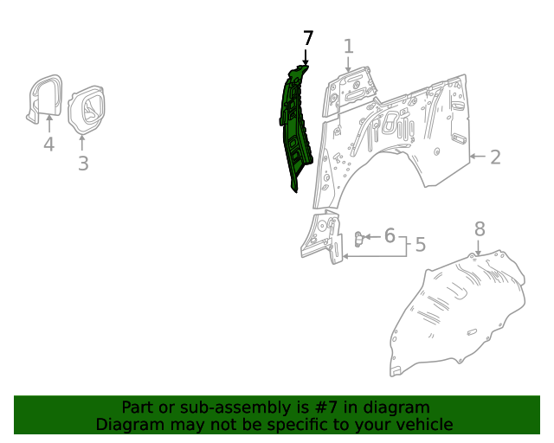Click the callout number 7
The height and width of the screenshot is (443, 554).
pos(307,38)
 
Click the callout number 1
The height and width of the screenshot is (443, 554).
pos(348,46)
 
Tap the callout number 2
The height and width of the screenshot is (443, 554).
pos(495,157)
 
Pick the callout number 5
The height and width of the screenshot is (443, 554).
pos(420,245)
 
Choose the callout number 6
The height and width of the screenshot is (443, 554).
pos(390,235)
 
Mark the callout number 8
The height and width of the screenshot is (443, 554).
pos(480,228)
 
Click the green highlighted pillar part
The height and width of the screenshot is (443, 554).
pos(294,125)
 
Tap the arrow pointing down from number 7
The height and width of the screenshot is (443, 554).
pos(306,57)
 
